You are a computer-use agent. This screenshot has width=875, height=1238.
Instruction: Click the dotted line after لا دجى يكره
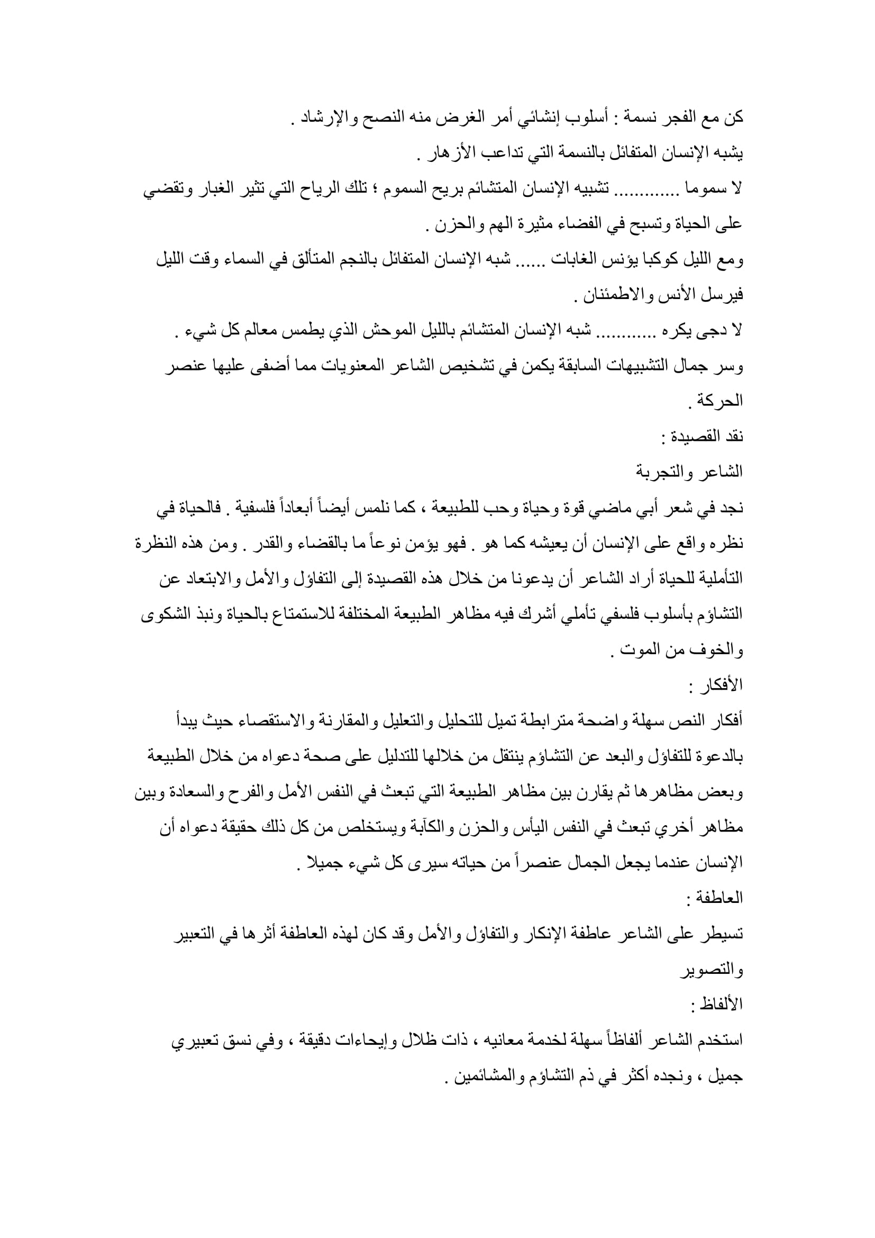tap(623, 330)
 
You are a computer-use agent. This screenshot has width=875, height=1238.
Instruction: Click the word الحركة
tap(721, 401)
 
